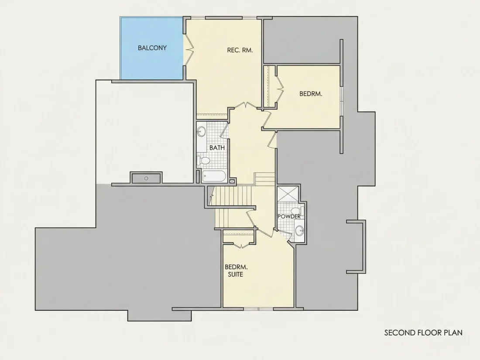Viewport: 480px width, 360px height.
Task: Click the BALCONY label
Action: pyautogui.click(x=152, y=48)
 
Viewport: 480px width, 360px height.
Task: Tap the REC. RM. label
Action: pyautogui.click(x=240, y=50)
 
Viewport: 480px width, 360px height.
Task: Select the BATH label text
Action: pyautogui.click(x=217, y=147)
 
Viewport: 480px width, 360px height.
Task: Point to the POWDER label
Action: pyautogui.click(x=289, y=216)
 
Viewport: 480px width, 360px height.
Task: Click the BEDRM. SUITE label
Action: pyautogui.click(x=236, y=271)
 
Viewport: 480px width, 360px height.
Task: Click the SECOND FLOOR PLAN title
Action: pyautogui.click(x=423, y=333)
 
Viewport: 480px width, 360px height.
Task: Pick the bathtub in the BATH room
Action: pyautogui.click(x=214, y=177)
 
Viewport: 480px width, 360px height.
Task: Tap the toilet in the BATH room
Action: pyautogui.click(x=203, y=161)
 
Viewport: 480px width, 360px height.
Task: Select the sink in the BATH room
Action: pyautogui.click(x=201, y=132)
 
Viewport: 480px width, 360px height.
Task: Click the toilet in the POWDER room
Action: pyautogui.click(x=297, y=211)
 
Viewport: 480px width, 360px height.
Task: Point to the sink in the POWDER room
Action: pyautogui.click(x=299, y=230)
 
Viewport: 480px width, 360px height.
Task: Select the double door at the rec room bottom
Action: pyautogui.click(x=246, y=105)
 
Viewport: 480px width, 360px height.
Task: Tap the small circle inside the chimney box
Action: pyautogui.click(x=146, y=178)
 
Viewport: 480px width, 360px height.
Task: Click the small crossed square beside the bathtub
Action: pyautogui.click(x=232, y=182)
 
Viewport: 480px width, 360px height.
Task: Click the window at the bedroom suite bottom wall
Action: pyautogui.click(x=259, y=309)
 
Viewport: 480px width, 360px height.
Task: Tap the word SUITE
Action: pyautogui.click(x=236, y=274)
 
